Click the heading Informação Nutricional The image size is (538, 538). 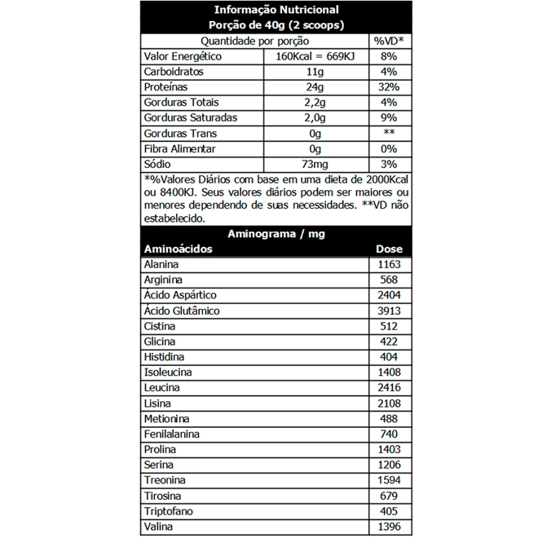pyautogui.click(x=276, y=11)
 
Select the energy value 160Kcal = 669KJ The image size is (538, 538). pyautogui.click(x=317, y=56)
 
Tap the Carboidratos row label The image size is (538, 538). pyautogui.click(x=174, y=72)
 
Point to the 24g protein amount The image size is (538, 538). pyautogui.click(x=316, y=87)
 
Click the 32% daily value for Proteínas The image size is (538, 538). pyautogui.click(x=389, y=87)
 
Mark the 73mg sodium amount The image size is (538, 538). pyautogui.click(x=315, y=165)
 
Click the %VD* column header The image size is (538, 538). pyautogui.click(x=389, y=41)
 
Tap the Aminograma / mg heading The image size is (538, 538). pyautogui.click(x=276, y=234)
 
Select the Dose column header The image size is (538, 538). pyautogui.click(x=389, y=249)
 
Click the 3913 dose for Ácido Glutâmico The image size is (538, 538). pyautogui.click(x=390, y=311)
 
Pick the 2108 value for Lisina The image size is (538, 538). pyautogui.click(x=390, y=403)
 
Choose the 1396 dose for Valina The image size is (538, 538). pyautogui.click(x=390, y=527)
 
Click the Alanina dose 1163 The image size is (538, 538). pyautogui.click(x=390, y=265)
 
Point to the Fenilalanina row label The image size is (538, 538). pyautogui.click(x=172, y=434)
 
